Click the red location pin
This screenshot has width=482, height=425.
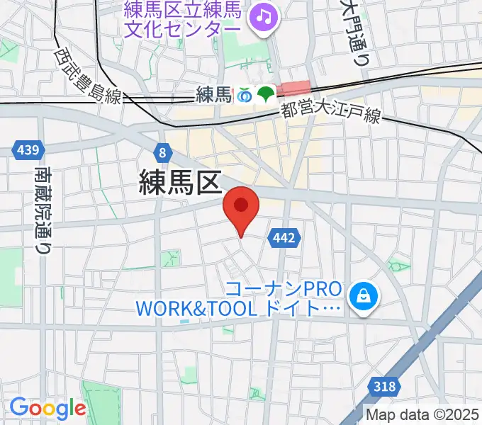click(x=241, y=208)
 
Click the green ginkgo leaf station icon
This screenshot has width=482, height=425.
click(x=267, y=93)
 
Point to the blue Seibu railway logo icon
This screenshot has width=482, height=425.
click(x=245, y=93)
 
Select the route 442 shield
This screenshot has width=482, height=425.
click(x=283, y=239)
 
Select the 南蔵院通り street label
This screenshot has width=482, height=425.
click(x=43, y=210)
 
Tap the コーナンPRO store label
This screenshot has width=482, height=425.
click(x=284, y=299)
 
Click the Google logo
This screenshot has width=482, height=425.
click(x=47, y=409)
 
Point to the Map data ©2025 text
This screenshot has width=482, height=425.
click(x=423, y=414)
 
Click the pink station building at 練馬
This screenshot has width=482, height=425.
click(x=293, y=88)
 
